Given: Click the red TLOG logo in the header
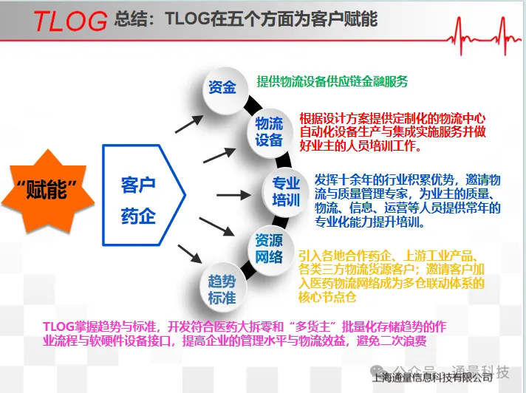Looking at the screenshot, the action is click(x=70, y=21).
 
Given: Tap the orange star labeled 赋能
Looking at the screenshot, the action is click(x=48, y=191).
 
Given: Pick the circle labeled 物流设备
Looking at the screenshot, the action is click(x=269, y=132).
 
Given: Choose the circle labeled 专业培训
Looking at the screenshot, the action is click(x=285, y=192).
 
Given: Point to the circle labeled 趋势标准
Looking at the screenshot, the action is click(x=222, y=289).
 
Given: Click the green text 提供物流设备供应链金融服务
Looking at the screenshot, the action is click(x=332, y=81).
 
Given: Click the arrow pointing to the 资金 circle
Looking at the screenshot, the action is click(x=189, y=123).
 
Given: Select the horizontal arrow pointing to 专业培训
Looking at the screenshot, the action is click(x=233, y=195).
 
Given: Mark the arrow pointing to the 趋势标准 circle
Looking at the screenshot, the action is click(x=190, y=254).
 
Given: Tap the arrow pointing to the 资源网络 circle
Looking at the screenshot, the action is click(x=216, y=227).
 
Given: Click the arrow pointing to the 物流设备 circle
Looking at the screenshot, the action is click(x=219, y=155).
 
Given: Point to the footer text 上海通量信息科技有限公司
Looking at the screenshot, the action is click(x=432, y=378).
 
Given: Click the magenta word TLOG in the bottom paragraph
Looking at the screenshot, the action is click(x=58, y=327).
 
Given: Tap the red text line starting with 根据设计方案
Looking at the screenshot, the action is click(x=392, y=118).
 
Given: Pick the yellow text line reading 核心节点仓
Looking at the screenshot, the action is click(x=327, y=297).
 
